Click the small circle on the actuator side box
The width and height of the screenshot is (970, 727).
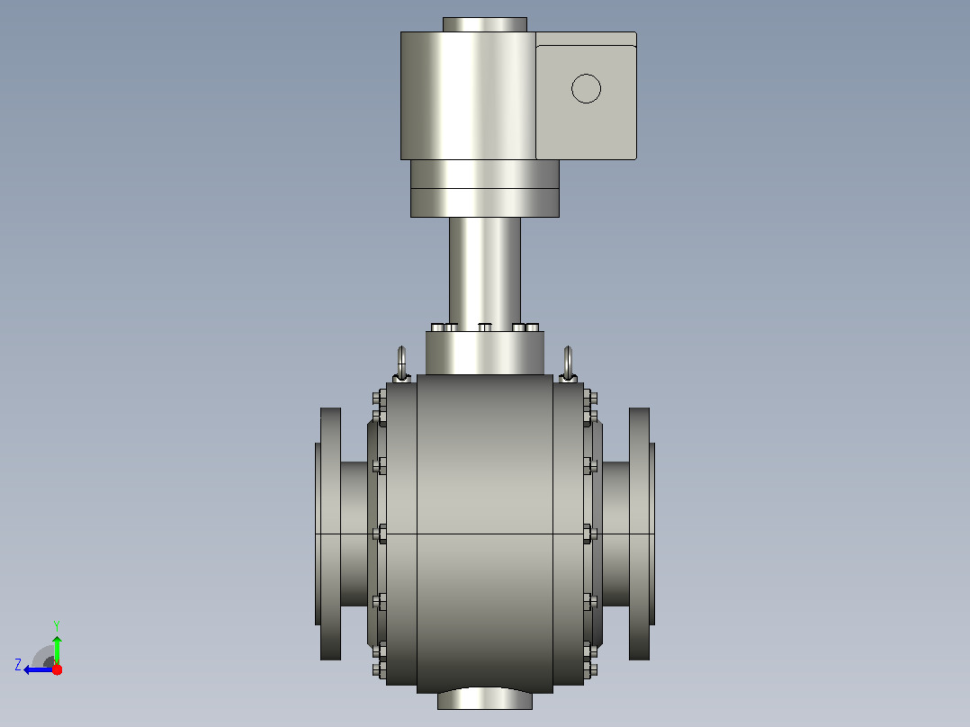coord(586,88)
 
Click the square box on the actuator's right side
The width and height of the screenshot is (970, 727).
coord(586,96)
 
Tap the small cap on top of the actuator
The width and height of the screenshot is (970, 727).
coord(485,25)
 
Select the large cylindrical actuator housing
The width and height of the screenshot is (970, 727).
coord(468,96)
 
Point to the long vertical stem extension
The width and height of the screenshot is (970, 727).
coord(485,271)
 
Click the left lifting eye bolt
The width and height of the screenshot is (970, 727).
coord(401,363)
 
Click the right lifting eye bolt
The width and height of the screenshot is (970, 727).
coord(568,363)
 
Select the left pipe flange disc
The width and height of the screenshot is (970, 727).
coord(330,534)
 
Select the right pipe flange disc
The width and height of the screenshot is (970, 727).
coord(640,534)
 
